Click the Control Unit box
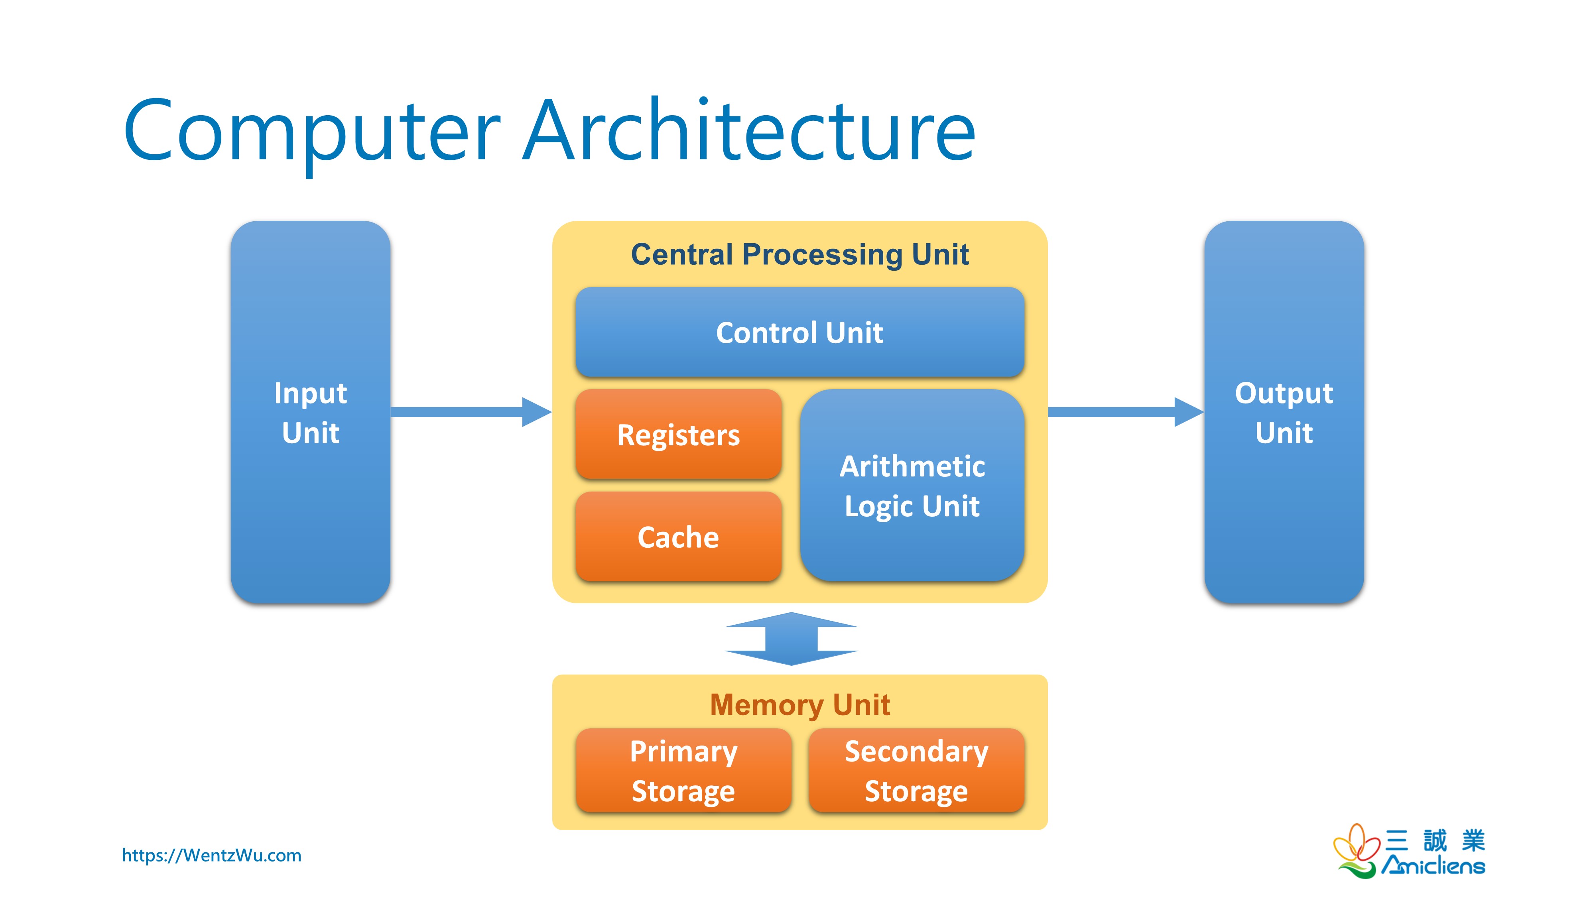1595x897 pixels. tap(799, 332)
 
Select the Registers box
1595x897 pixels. tap(678, 435)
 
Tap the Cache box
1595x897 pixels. tap(678, 537)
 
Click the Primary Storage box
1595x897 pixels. tap(683, 770)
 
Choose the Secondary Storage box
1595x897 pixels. tap(916, 770)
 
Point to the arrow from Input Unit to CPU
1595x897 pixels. tap(471, 412)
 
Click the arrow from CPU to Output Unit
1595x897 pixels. tap(1124, 412)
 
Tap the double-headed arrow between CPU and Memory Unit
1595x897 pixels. tap(791, 639)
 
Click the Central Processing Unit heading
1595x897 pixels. tap(799, 254)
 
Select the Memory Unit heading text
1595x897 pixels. tap(799, 704)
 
